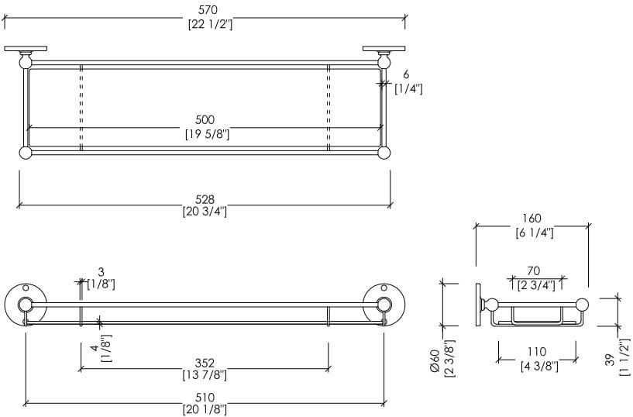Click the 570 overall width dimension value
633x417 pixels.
click(208, 9)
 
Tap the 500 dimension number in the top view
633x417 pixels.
click(205, 120)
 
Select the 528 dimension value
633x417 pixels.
click(205, 199)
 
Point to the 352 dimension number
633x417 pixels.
click(205, 364)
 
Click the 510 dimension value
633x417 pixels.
click(205, 398)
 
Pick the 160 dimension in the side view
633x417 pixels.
click(532, 219)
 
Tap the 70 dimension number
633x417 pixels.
click(533, 271)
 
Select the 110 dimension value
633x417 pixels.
click(536, 352)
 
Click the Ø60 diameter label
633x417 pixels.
click(435, 360)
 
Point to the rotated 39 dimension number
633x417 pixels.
click(610, 360)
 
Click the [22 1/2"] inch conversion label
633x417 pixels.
click(210, 24)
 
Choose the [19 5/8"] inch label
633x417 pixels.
click(207, 134)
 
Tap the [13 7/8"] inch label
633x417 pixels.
click(205, 375)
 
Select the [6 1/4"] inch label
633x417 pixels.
click(535, 233)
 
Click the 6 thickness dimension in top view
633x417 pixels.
click(406, 74)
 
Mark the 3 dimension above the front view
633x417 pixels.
click(101, 272)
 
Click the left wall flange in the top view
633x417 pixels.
click(26, 49)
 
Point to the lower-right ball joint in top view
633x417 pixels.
click(384, 153)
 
